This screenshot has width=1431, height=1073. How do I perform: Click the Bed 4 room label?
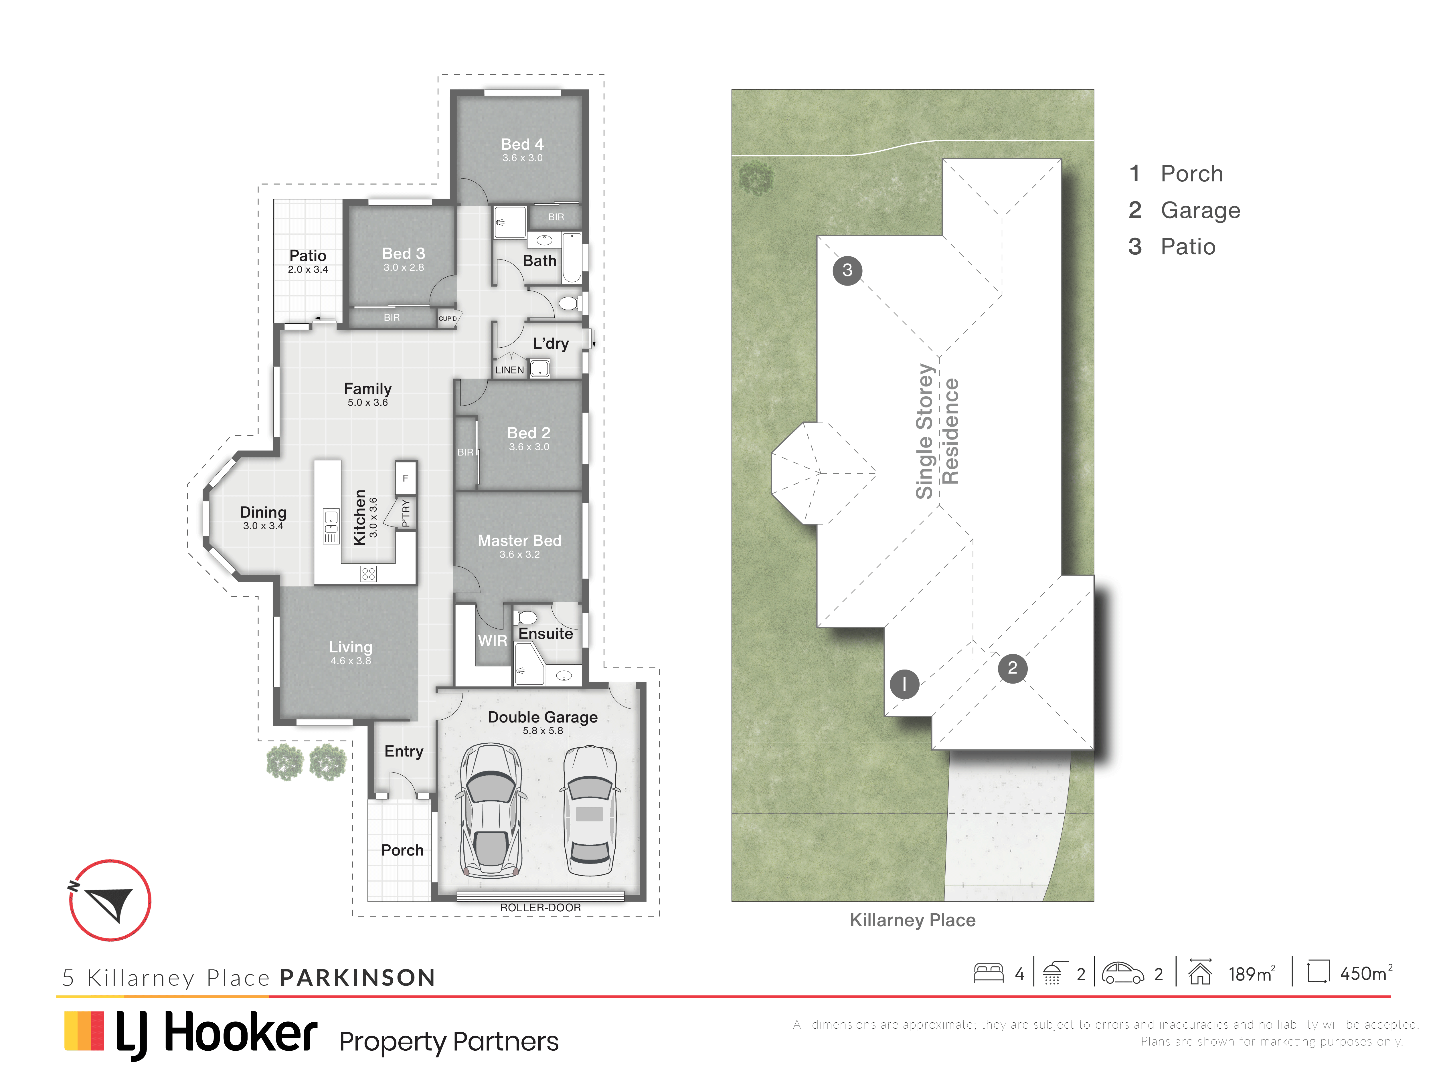[x=522, y=144]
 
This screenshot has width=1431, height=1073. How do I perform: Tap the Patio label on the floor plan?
[x=308, y=256]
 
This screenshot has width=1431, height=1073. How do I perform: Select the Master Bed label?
[x=519, y=541]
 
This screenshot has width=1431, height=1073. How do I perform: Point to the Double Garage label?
[x=543, y=717]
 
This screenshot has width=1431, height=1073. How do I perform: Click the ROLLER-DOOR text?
[x=540, y=907]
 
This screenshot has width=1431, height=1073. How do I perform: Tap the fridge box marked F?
[x=406, y=478]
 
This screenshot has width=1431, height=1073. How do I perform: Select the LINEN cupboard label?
[x=510, y=370]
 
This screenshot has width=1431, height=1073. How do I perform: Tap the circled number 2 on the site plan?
[x=1013, y=668]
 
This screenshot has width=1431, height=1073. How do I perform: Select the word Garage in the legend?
[x=1201, y=210]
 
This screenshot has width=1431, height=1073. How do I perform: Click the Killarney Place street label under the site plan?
[x=912, y=920]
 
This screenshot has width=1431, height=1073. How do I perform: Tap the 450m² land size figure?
[x=1366, y=973]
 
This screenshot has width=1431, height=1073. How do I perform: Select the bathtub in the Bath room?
[x=572, y=258]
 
